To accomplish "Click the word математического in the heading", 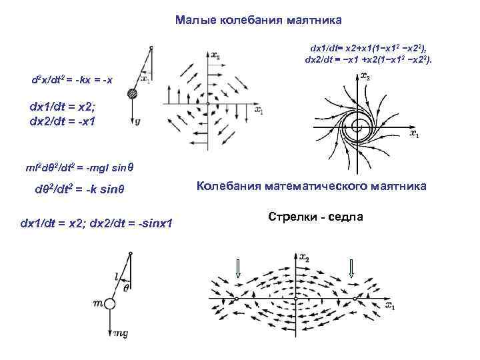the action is (x=325, y=186).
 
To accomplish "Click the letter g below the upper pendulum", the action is (x=137, y=122).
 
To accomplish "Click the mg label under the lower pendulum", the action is (x=120, y=333).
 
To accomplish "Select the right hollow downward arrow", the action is (x=351, y=267).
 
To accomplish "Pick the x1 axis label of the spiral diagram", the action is (x=415, y=134).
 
